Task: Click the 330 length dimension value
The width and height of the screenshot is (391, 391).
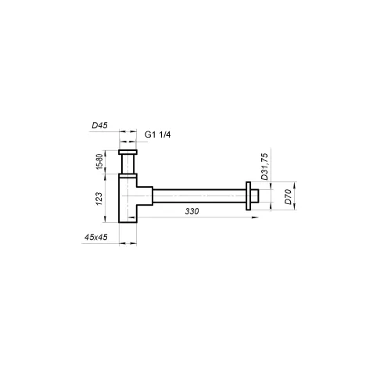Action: pos(190,211)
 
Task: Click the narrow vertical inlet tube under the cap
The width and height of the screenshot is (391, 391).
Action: pos(127,165)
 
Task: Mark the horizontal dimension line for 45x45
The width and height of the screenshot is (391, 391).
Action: pos(127,244)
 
